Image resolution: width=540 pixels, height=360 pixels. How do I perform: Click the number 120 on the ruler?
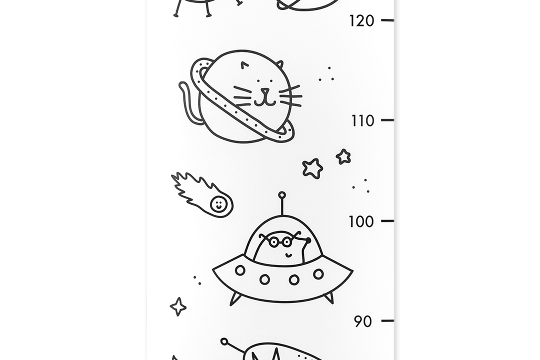[361, 20]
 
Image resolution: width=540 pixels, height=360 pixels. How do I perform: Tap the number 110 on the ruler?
[361, 120]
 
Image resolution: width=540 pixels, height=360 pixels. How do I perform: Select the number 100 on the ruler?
[361, 221]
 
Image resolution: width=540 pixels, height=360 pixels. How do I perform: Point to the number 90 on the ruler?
[363, 321]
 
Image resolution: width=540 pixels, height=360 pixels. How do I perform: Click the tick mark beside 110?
[387, 120]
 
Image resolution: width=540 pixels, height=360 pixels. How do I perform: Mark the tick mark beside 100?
[387, 220]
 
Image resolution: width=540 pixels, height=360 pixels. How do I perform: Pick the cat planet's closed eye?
[243, 65]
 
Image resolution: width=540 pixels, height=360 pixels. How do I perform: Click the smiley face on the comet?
[218, 203]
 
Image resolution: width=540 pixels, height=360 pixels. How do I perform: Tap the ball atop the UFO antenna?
[282, 195]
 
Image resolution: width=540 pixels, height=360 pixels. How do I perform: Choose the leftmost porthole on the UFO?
[240, 270]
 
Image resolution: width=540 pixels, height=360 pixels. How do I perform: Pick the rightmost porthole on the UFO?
[318, 274]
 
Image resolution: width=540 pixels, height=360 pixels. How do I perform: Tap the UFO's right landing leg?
[328, 297]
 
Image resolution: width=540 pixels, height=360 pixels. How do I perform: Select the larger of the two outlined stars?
[312, 168]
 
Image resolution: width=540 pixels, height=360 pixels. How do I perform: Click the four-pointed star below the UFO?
[178, 306]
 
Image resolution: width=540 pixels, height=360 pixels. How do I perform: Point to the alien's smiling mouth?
[289, 254]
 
